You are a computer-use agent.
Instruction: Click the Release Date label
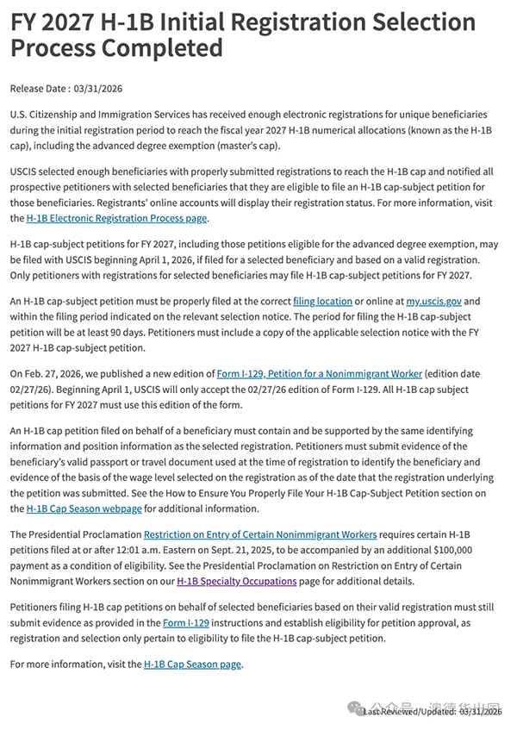click(38, 88)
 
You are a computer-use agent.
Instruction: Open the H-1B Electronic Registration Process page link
click(117, 218)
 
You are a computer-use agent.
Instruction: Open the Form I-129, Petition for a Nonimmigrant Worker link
click(320, 374)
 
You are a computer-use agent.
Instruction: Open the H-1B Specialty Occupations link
click(237, 581)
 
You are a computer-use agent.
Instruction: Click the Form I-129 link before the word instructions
click(185, 621)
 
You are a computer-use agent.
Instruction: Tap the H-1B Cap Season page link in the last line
click(193, 664)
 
